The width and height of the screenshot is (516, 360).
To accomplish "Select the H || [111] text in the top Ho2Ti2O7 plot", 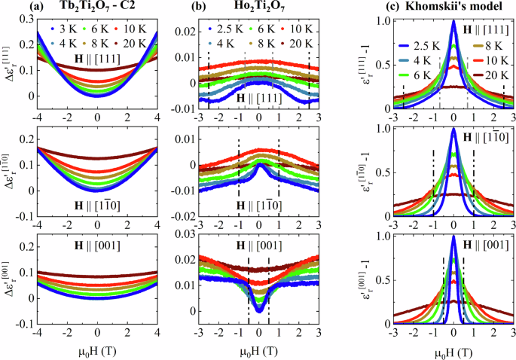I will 260,97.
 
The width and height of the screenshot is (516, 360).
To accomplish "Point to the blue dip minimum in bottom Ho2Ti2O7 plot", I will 258,310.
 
